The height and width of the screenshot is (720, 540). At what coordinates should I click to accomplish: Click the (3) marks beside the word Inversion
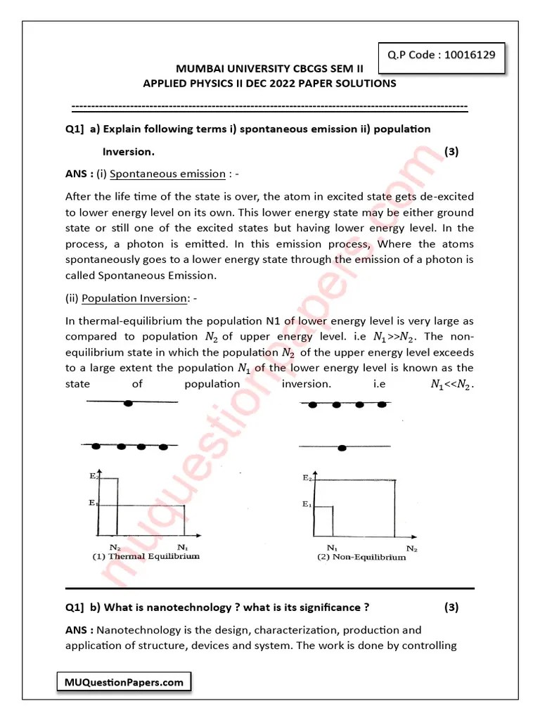coord(451,152)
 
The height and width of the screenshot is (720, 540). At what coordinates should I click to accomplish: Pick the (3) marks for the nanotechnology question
coord(451,607)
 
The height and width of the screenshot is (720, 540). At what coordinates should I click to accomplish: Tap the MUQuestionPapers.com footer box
coord(122,682)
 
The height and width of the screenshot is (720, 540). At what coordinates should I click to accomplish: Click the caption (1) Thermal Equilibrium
coord(146,555)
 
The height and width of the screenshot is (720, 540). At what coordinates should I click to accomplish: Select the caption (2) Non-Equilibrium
coord(361,557)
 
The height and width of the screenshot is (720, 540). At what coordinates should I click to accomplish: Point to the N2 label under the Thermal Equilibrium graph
coord(113,546)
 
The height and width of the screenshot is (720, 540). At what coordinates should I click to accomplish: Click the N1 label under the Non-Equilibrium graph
coord(332,547)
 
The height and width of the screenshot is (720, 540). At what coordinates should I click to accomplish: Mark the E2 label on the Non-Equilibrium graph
coord(307,478)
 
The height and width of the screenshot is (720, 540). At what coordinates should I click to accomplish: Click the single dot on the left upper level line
coord(128,403)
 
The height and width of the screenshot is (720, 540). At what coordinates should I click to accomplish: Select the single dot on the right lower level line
coord(342,447)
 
